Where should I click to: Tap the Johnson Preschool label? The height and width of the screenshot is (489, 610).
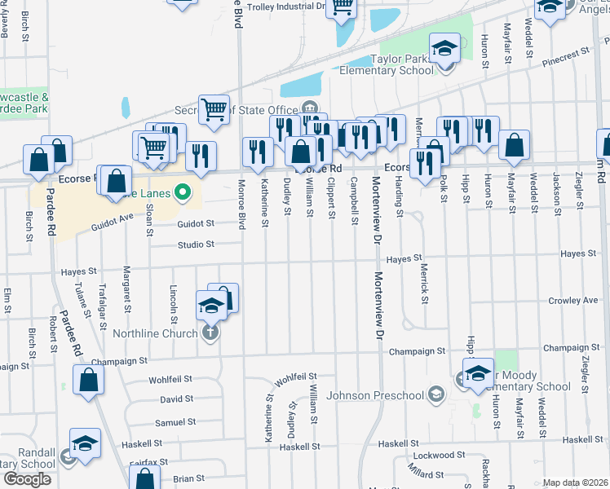click(375, 396)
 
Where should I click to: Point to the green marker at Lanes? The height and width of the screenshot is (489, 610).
click(183, 194)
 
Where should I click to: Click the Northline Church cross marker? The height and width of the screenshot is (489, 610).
click(211, 333)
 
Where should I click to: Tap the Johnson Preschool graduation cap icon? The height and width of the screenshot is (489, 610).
click(437, 395)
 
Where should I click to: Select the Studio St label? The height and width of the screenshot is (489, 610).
click(197, 244)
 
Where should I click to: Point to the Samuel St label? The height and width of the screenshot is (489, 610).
click(175, 422)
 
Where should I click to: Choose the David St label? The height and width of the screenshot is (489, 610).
click(176, 399)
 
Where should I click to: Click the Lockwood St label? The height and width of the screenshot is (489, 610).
click(439, 455)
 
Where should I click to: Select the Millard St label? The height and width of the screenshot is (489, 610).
click(427, 473)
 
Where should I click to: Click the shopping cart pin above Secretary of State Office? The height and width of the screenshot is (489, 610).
click(214, 108)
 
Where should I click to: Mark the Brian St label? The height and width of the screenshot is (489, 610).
click(188, 478)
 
